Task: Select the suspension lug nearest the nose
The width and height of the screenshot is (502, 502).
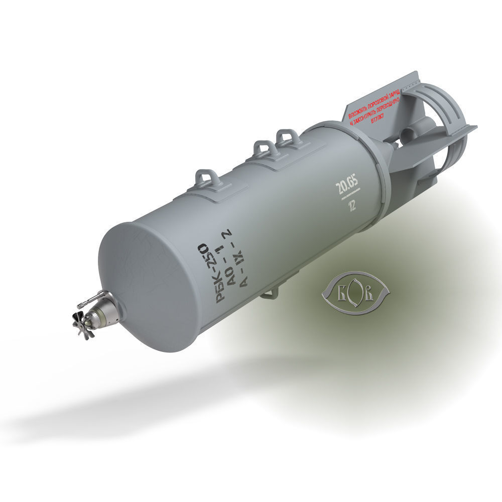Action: pyautogui.click(x=206, y=179)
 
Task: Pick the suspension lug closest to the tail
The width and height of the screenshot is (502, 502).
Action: pyautogui.click(x=289, y=136)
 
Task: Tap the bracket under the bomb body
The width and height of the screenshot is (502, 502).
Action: pyautogui.click(x=270, y=293)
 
